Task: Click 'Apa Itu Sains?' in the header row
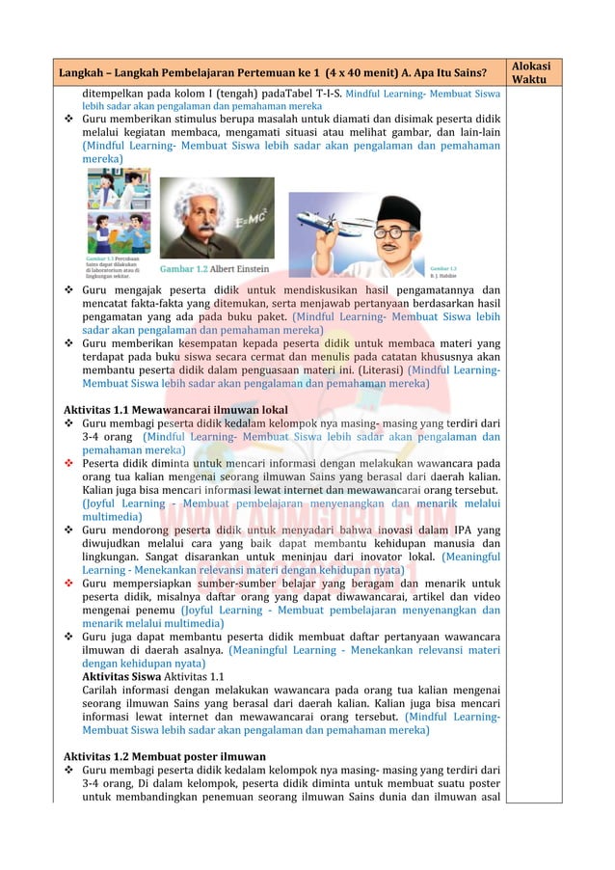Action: click(x=458, y=72)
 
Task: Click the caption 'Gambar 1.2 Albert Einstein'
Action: click(x=215, y=268)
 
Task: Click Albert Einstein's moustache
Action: click(x=198, y=231)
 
